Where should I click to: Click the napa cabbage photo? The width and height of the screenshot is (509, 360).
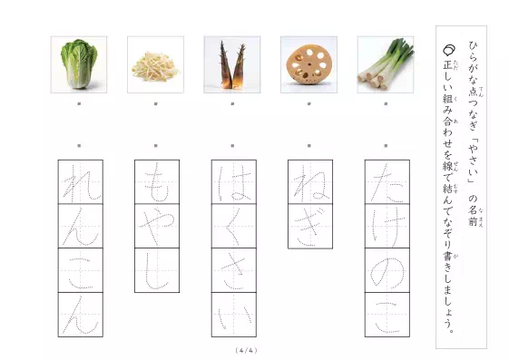79,64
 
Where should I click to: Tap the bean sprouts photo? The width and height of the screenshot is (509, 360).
155,64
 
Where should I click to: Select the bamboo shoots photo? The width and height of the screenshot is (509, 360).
232,64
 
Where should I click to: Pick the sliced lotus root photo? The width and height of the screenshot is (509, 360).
308,64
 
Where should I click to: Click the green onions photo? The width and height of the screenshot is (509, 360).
386,64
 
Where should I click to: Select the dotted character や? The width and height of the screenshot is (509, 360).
156,226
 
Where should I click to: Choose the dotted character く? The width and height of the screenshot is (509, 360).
233,226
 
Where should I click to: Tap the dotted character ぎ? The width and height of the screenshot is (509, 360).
309,226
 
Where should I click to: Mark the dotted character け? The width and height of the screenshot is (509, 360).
387,226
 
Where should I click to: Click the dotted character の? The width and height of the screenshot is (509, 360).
387,270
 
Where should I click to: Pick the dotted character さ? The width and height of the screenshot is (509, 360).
233,270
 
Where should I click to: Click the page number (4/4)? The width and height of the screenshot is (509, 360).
246,350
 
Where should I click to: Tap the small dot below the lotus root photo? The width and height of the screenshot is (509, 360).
308,104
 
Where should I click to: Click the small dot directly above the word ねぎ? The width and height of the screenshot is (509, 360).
308,144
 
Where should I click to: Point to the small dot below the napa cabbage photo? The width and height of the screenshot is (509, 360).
79,104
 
